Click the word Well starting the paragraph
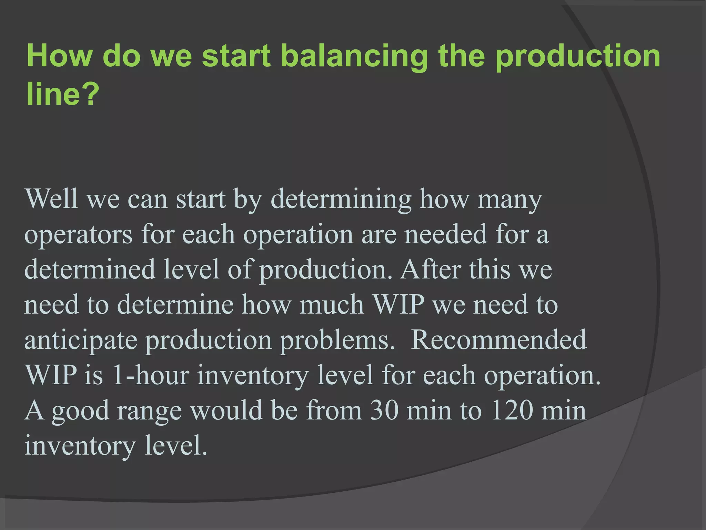[51, 199]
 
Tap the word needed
[445, 234]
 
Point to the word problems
[337, 340]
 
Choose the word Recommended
[498, 340]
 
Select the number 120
[512, 411]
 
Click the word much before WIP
[331, 305]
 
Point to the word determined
[90, 270]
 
